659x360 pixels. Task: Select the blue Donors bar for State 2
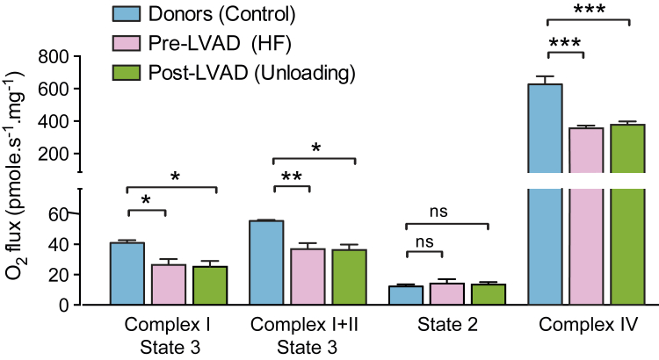[406, 295]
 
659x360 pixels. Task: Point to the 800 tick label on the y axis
[52, 59]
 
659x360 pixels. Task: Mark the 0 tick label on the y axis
[65, 305]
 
